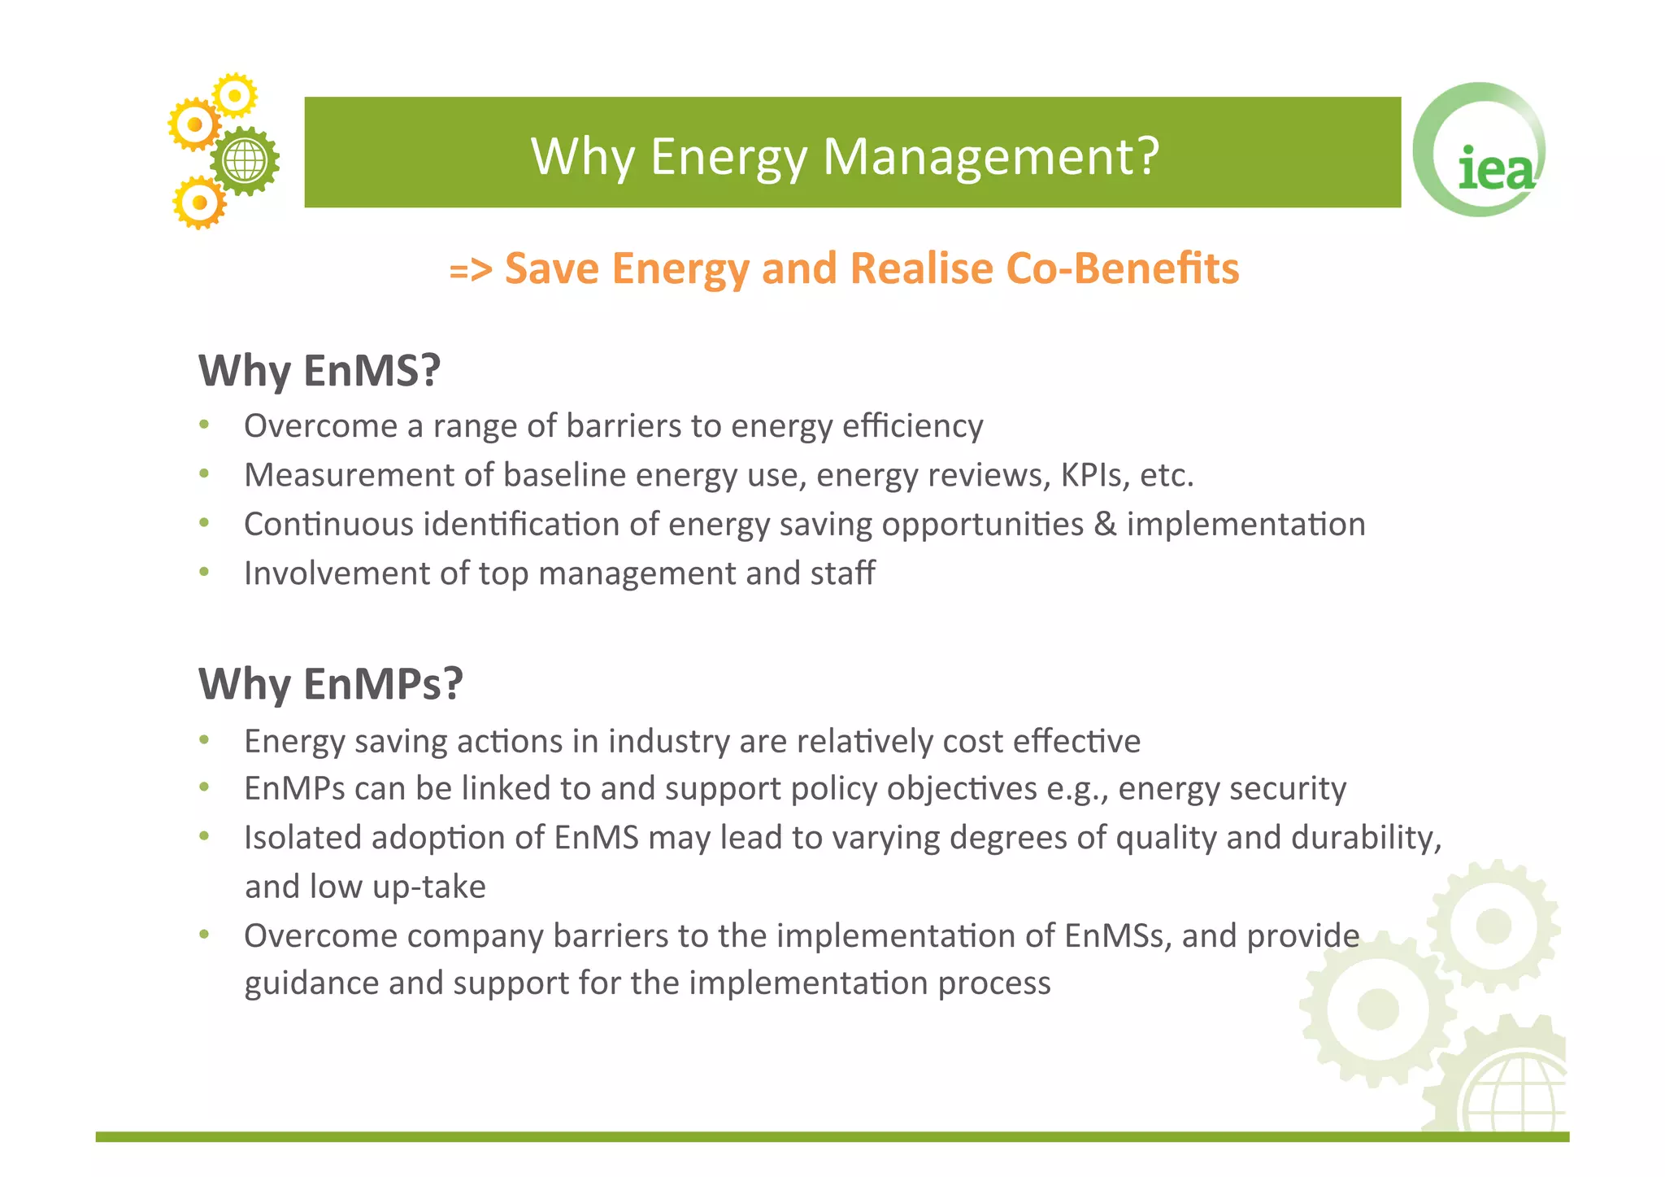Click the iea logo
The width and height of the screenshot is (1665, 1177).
click(1480, 151)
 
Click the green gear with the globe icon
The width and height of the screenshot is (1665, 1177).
click(245, 161)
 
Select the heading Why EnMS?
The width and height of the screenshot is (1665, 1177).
click(320, 370)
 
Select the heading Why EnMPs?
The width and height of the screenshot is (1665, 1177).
click(330, 683)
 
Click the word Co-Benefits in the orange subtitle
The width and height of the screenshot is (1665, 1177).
click(1122, 268)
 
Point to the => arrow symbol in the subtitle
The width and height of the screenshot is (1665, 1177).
click(471, 270)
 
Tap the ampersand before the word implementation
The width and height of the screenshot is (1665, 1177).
click(1105, 525)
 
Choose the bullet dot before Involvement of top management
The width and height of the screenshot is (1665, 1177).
click(204, 572)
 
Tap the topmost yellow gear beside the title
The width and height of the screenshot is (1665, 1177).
click(235, 96)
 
